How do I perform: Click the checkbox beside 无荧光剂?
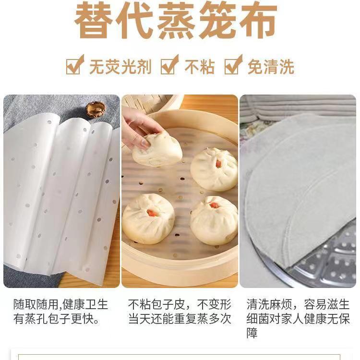[74, 66]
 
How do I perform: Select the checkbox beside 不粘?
[168, 66]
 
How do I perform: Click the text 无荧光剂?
[120, 67]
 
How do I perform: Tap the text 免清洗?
[271, 67]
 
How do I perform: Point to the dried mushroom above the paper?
[96, 108]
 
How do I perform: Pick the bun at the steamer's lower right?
[214, 220]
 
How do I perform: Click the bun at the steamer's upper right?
[214, 169]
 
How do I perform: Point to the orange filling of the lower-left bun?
[152, 213]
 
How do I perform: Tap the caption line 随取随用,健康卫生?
[60, 304]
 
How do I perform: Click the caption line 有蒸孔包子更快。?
[57, 319]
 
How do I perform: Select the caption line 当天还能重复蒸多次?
[180, 319]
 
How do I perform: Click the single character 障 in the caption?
[252, 333]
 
